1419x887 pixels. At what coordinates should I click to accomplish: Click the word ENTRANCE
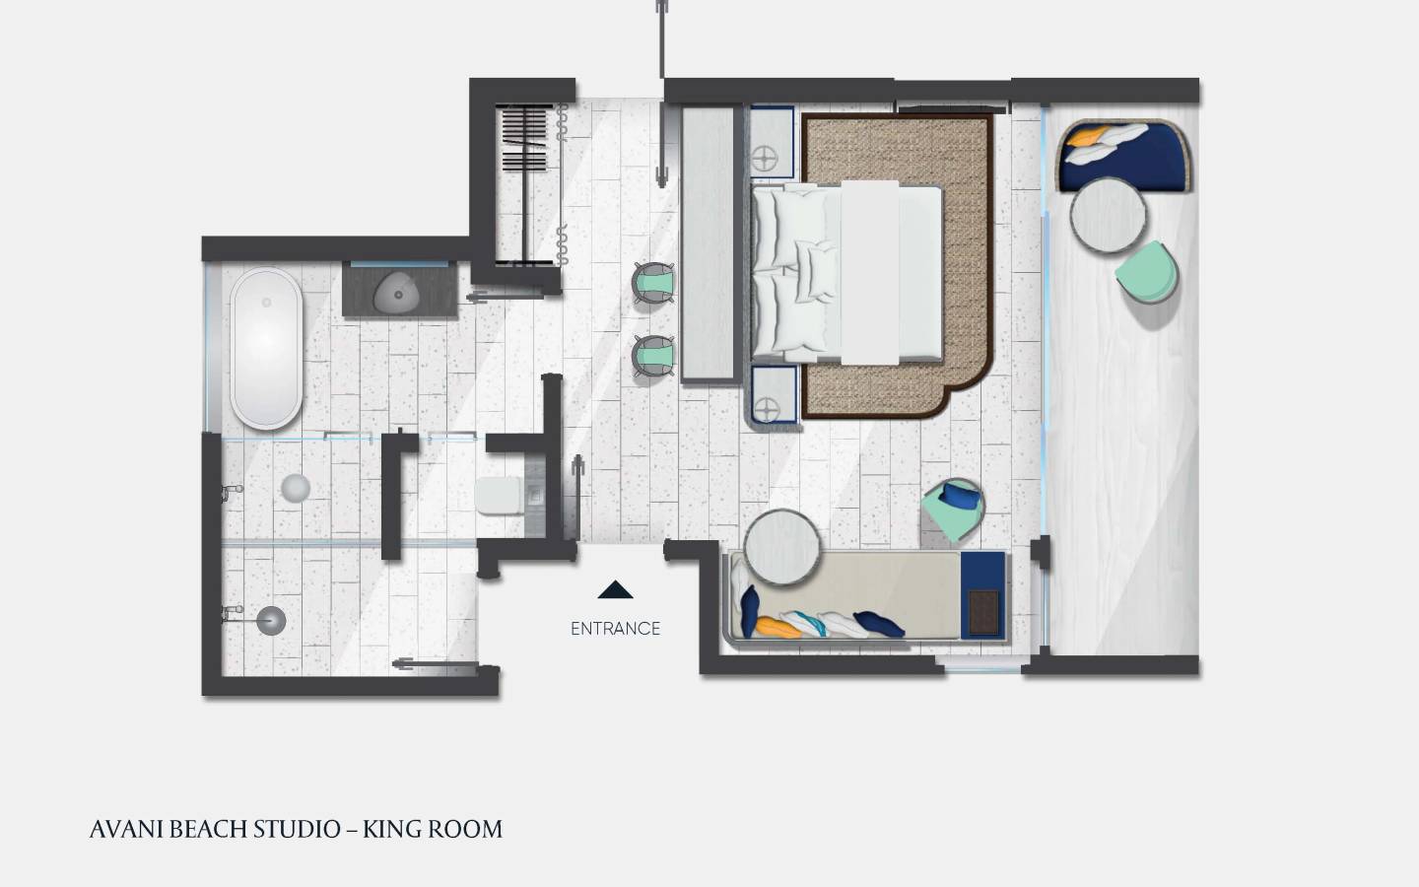pyautogui.click(x=615, y=628)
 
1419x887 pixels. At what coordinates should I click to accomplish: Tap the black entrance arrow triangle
pyautogui.click(x=615, y=590)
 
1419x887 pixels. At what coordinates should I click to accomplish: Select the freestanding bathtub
pyautogui.click(x=266, y=347)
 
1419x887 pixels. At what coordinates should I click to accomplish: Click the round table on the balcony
pyautogui.click(x=1108, y=217)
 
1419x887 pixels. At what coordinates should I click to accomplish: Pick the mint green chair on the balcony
pyautogui.click(x=1147, y=273)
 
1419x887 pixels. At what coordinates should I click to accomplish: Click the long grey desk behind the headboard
pyautogui.click(x=709, y=243)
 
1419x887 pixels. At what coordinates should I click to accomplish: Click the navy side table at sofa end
pyautogui.click(x=982, y=594)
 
